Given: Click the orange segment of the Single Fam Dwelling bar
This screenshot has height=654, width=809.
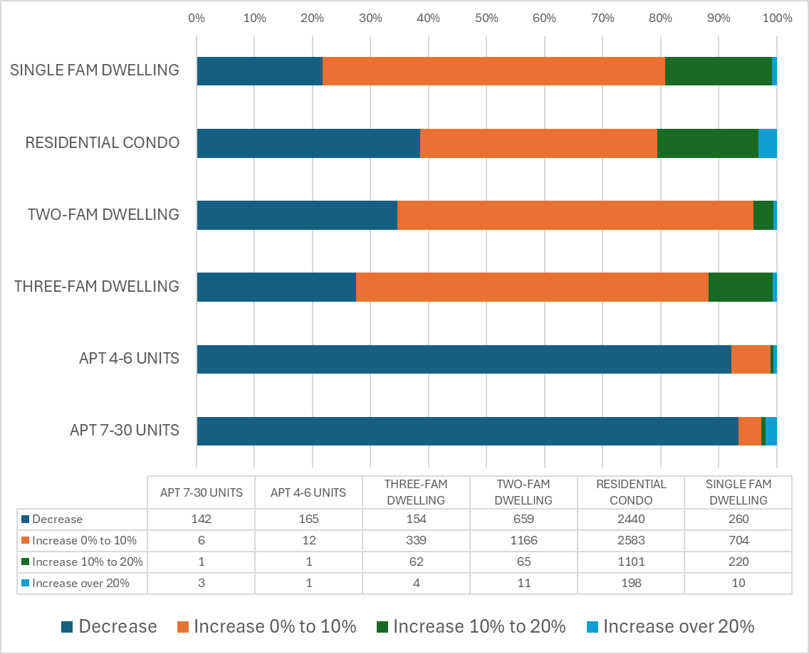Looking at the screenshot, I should (x=494, y=71).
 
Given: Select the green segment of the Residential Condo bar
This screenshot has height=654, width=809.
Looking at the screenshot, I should (x=707, y=143).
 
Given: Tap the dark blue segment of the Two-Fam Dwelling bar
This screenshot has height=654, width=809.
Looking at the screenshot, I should (x=297, y=215).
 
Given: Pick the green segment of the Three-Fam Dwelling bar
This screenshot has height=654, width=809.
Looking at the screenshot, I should (x=740, y=287).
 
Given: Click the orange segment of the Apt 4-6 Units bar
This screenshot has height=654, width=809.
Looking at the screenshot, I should (x=751, y=359).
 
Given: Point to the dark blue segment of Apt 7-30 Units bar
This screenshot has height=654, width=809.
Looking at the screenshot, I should (x=467, y=431).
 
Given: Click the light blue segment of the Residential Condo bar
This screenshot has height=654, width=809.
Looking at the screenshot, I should (x=767, y=143).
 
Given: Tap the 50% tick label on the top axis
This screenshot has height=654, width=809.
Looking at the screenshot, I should (x=486, y=18).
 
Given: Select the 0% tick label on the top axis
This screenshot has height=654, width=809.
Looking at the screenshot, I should (x=197, y=18).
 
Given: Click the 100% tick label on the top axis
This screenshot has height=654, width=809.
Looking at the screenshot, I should (x=776, y=18).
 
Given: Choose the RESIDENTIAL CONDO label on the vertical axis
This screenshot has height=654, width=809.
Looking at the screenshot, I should (x=102, y=143).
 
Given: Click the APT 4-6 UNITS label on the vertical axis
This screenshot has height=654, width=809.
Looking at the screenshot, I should (x=129, y=359).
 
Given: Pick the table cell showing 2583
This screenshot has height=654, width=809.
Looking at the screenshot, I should (x=630, y=541).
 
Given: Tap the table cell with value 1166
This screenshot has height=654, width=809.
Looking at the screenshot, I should (x=523, y=541).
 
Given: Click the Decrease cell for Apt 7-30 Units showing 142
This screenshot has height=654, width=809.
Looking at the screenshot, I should (x=202, y=519).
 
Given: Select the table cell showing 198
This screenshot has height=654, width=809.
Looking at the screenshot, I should (x=630, y=584).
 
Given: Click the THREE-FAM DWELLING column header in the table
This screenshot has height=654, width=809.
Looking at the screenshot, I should (x=416, y=492).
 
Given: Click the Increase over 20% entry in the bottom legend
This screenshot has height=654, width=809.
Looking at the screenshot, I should (x=670, y=626).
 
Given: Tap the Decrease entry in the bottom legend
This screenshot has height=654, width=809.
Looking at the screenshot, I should (x=109, y=626).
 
